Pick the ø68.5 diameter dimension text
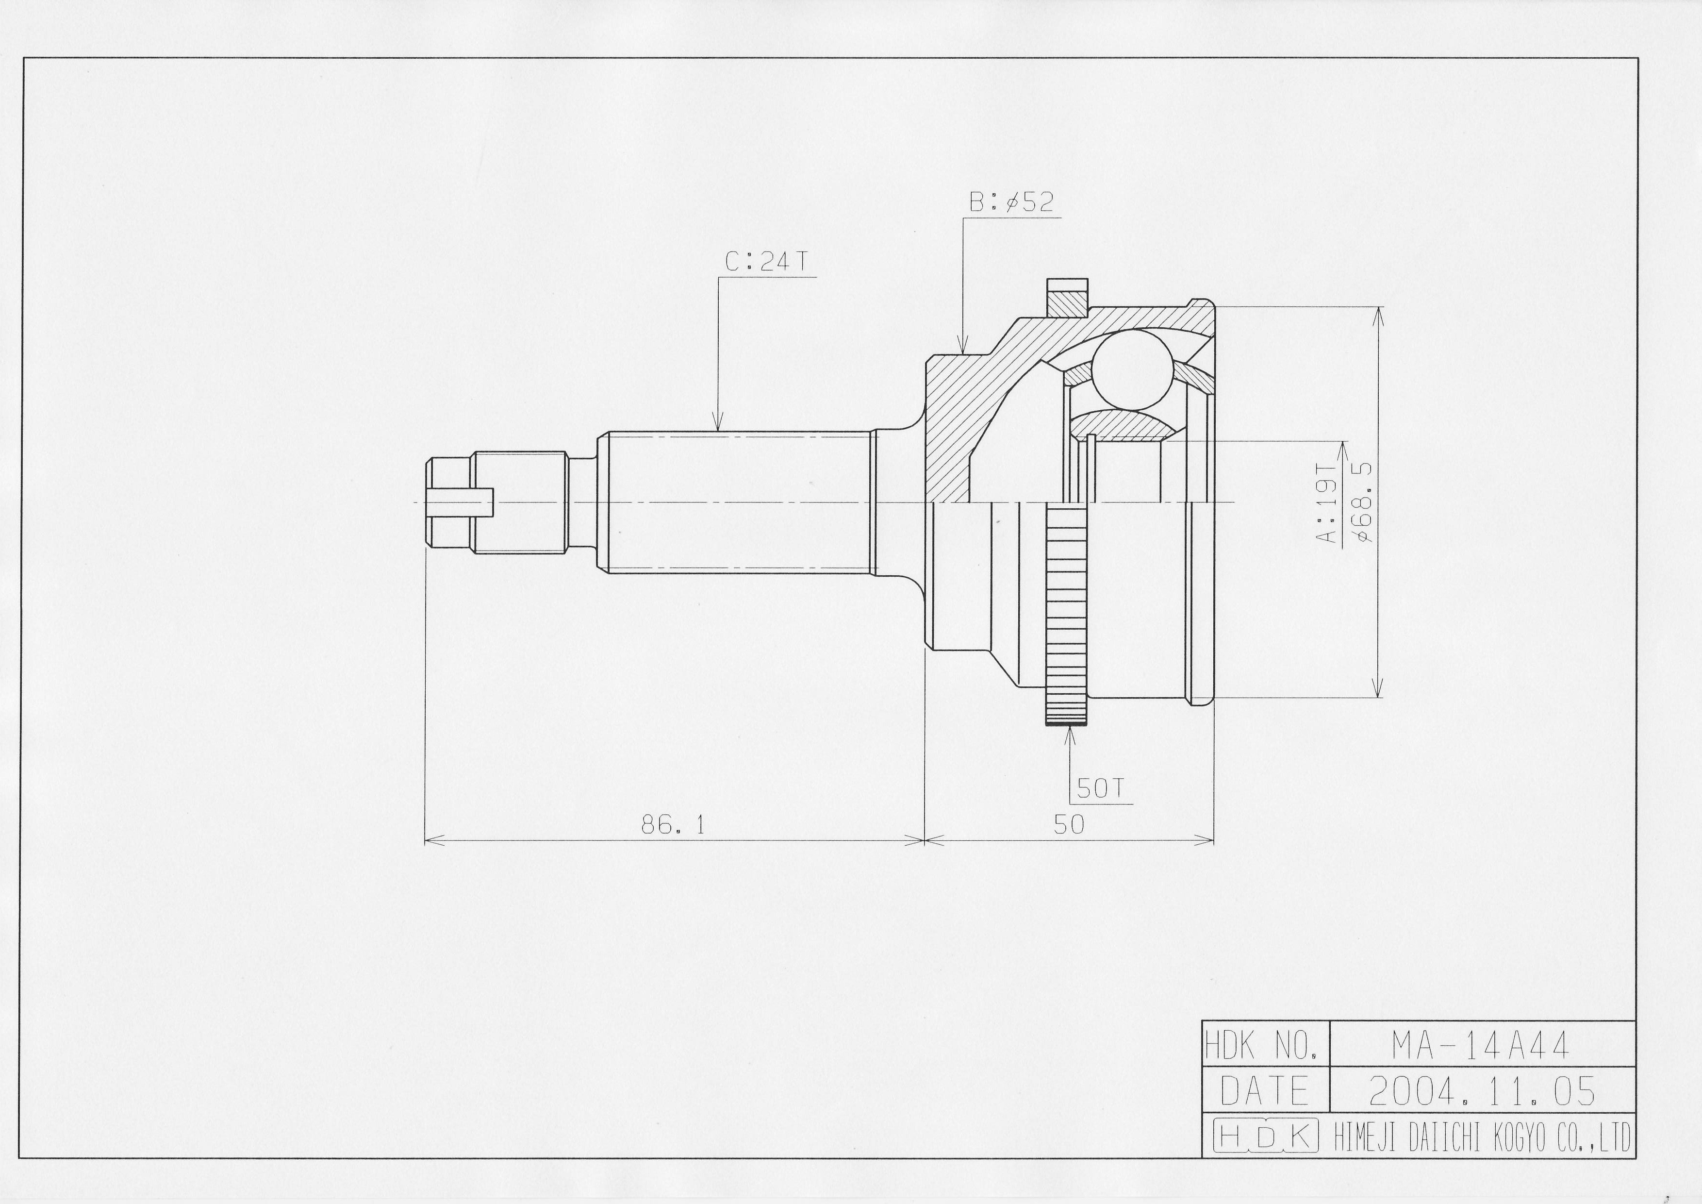pos(1362,502)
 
